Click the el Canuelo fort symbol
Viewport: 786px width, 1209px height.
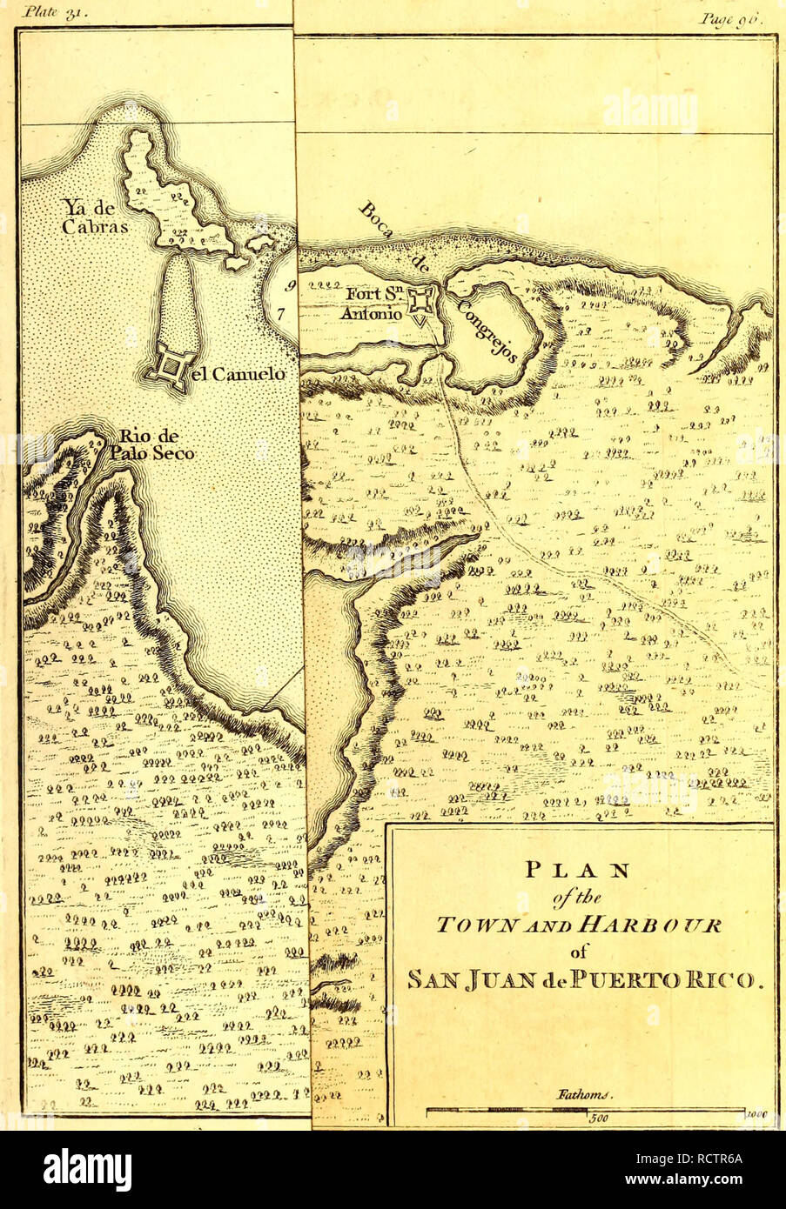coord(171,369)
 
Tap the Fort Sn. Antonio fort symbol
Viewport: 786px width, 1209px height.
coord(423,301)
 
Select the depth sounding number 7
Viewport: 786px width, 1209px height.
coord(280,313)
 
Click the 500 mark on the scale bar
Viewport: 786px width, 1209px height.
coord(596,1120)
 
